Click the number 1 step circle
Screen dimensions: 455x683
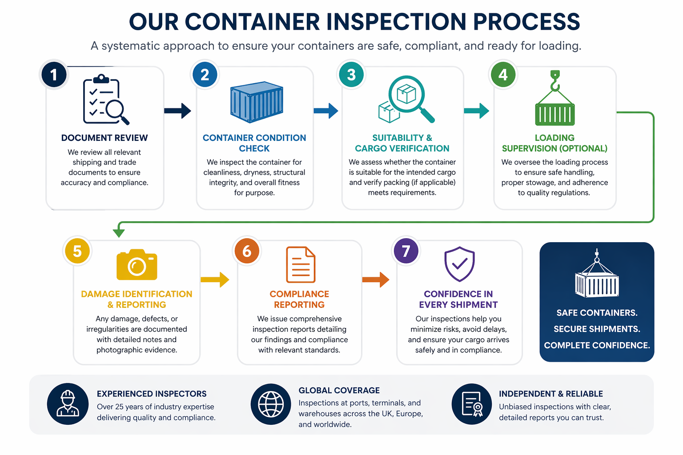pyautogui.click(x=54, y=75)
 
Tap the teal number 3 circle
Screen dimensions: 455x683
pyautogui.click(x=351, y=75)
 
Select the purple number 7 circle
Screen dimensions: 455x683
pyautogui.click(x=406, y=251)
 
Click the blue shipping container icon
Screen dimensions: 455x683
pyautogui.click(x=257, y=102)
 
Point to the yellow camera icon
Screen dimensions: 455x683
pyautogui.click(x=137, y=265)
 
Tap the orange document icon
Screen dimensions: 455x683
pyautogui.click(x=301, y=265)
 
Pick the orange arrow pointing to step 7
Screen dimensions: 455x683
pyautogui.click(x=375, y=279)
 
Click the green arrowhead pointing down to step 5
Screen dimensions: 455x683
pyautogui.click(x=119, y=232)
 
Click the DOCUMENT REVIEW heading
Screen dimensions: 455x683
pyautogui.click(x=104, y=138)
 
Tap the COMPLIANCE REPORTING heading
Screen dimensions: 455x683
pyautogui.click(x=299, y=299)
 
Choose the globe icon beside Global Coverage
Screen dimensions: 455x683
pyautogui.click(x=271, y=404)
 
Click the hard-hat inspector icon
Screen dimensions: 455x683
pyautogui.click(x=68, y=404)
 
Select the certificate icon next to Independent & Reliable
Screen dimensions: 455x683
pyautogui.click(x=472, y=404)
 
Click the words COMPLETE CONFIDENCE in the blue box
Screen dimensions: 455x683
pyautogui.click(x=597, y=345)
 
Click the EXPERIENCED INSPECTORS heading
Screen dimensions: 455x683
pyautogui.click(x=152, y=394)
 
